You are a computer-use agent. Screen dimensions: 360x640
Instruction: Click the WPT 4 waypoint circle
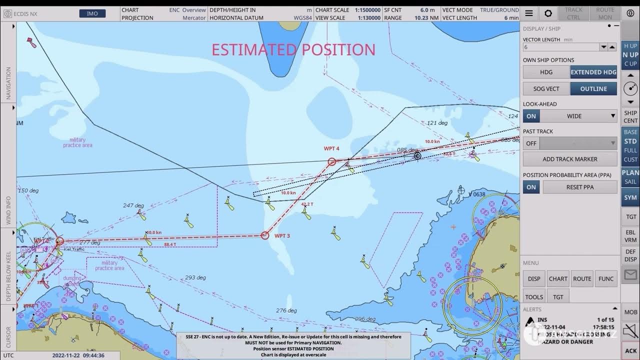pyautogui.click(x=331, y=161)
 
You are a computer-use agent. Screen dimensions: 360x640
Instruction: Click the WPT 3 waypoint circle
pyautogui.click(x=265, y=235)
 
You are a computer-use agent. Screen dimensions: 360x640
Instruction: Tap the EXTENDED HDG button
pyautogui.click(x=593, y=72)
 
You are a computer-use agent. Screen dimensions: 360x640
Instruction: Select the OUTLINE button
pyautogui.click(x=593, y=88)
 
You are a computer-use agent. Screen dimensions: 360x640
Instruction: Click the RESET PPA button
pyautogui.click(x=580, y=187)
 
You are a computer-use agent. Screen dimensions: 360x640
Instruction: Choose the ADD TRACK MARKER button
pyautogui.click(x=570, y=159)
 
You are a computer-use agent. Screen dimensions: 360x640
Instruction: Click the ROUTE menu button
pyautogui.click(x=582, y=278)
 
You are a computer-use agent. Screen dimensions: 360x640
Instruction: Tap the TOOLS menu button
pyautogui.click(x=534, y=296)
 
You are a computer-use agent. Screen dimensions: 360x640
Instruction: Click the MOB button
pyautogui.click(x=630, y=312)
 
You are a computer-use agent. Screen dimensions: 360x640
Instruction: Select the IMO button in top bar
pyautogui.click(x=92, y=13)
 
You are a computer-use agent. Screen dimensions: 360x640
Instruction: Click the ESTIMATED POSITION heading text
pyautogui.click(x=293, y=49)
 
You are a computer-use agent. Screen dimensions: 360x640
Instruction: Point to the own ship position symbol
pyautogui.click(x=417, y=156)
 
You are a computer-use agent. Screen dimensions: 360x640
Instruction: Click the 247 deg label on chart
pyautogui.click(x=133, y=205)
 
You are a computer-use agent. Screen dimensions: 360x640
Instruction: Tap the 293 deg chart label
pyautogui.click(x=195, y=277)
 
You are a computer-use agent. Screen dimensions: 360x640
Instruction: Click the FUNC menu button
pyautogui.click(x=606, y=278)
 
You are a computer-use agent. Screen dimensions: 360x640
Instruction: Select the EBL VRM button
pyautogui.click(x=630, y=236)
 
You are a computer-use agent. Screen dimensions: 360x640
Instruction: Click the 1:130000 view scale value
pyautogui.click(x=367, y=17)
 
